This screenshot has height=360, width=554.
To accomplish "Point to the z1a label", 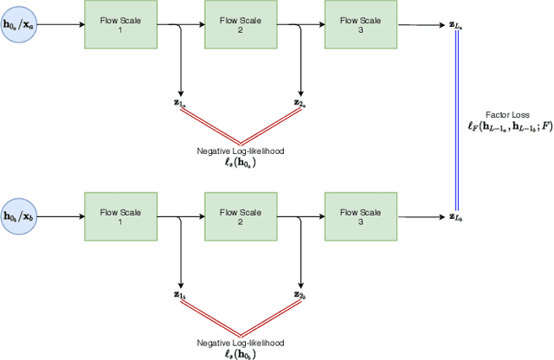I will coord(180,103).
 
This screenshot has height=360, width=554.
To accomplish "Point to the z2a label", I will coord(300,103).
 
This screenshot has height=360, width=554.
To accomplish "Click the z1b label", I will coord(180,295).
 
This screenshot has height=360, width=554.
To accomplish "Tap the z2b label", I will coord(300,295).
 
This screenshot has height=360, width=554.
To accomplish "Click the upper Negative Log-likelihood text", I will coord(240,151).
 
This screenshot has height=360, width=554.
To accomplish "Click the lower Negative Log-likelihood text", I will coord(240,343).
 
